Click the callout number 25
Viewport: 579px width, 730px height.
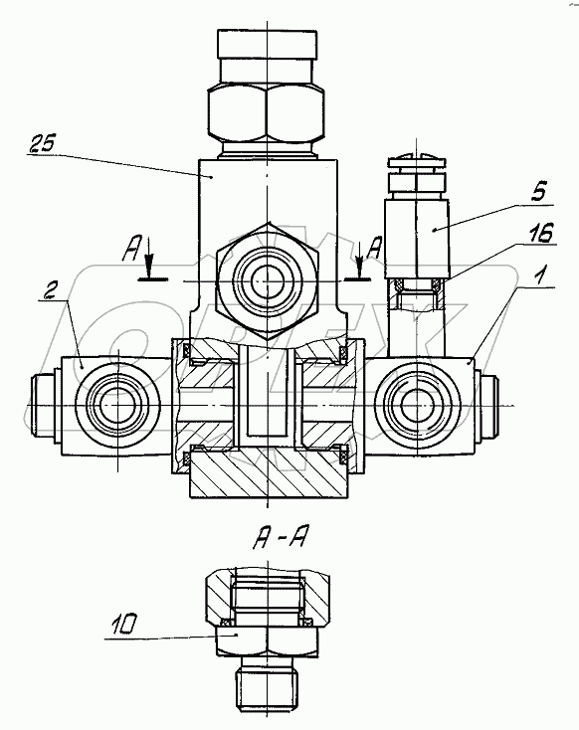point(42,144)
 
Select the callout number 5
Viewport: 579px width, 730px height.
point(538,192)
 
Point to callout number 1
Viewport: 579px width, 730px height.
point(538,276)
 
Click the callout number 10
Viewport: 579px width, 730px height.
point(123,625)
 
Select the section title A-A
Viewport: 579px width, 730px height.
point(279,540)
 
